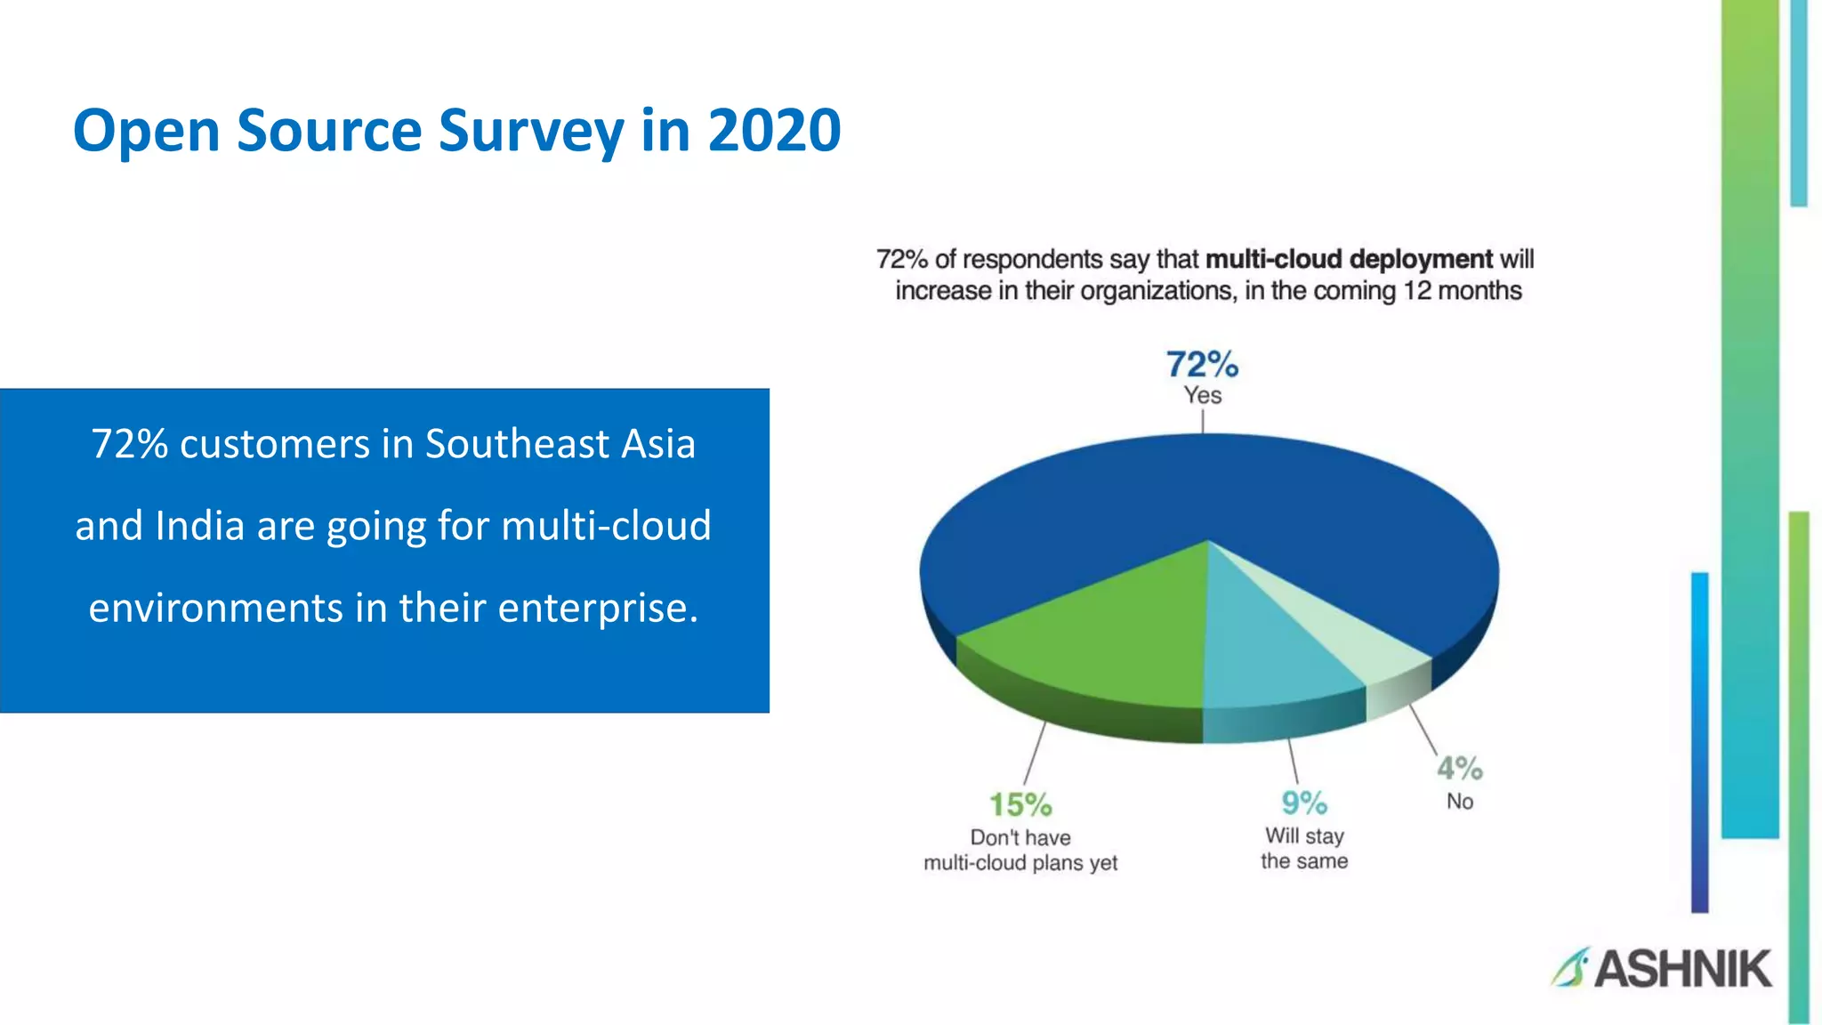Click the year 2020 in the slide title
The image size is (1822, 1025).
(774, 131)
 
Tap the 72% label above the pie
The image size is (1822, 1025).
(1202, 365)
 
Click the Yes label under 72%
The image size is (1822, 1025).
(1202, 395)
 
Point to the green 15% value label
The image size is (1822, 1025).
(1020, 805)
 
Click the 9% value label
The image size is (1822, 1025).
(1304, 803)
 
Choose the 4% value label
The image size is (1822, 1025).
(1459, 768)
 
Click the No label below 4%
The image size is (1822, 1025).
(1459, 802)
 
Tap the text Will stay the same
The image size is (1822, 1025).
(1304, 849)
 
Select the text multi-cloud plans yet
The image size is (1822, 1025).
(1020, 863)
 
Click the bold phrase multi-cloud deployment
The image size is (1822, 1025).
(1349, 259)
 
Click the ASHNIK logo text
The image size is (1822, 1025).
(1682, 969)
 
